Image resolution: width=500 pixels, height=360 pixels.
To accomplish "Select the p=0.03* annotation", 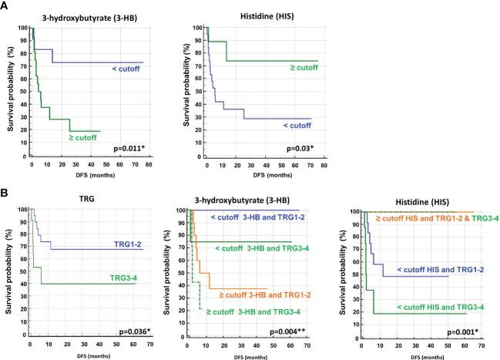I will (x=304, y=147).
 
